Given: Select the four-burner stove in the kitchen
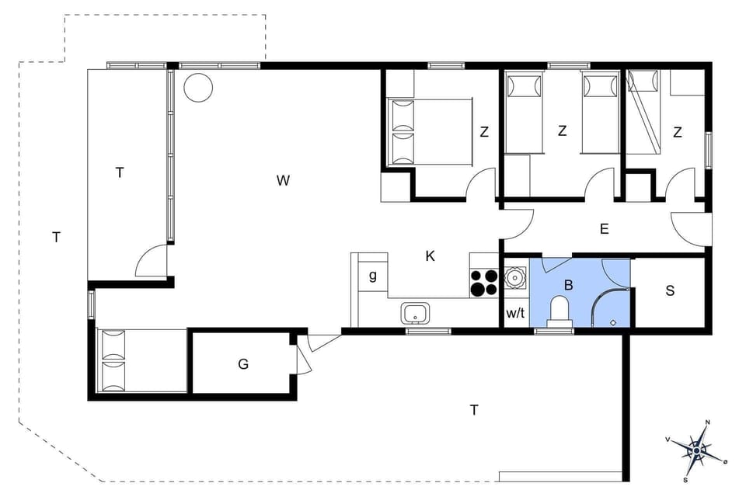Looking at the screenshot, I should pos(485,282).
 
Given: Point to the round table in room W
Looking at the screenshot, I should pos(198,86).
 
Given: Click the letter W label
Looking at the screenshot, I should pos(283,181).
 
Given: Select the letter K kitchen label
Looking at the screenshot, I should pos(430,255).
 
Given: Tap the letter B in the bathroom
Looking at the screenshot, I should pos(568,285).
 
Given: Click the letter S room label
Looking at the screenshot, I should pos(670,291).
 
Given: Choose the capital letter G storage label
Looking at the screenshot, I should pos(243,363).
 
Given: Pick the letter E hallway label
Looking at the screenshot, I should pos(604,229).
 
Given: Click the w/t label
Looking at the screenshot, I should pos(515,314).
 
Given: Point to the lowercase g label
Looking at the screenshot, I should pos(373,275).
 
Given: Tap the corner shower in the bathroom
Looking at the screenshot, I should pos(609,307).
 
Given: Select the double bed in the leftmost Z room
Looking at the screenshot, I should pos(430,131).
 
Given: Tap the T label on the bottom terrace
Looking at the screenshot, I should pos(474,410).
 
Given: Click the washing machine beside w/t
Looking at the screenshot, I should pos(515,277).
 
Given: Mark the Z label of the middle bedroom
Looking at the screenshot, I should pos(563,131).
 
